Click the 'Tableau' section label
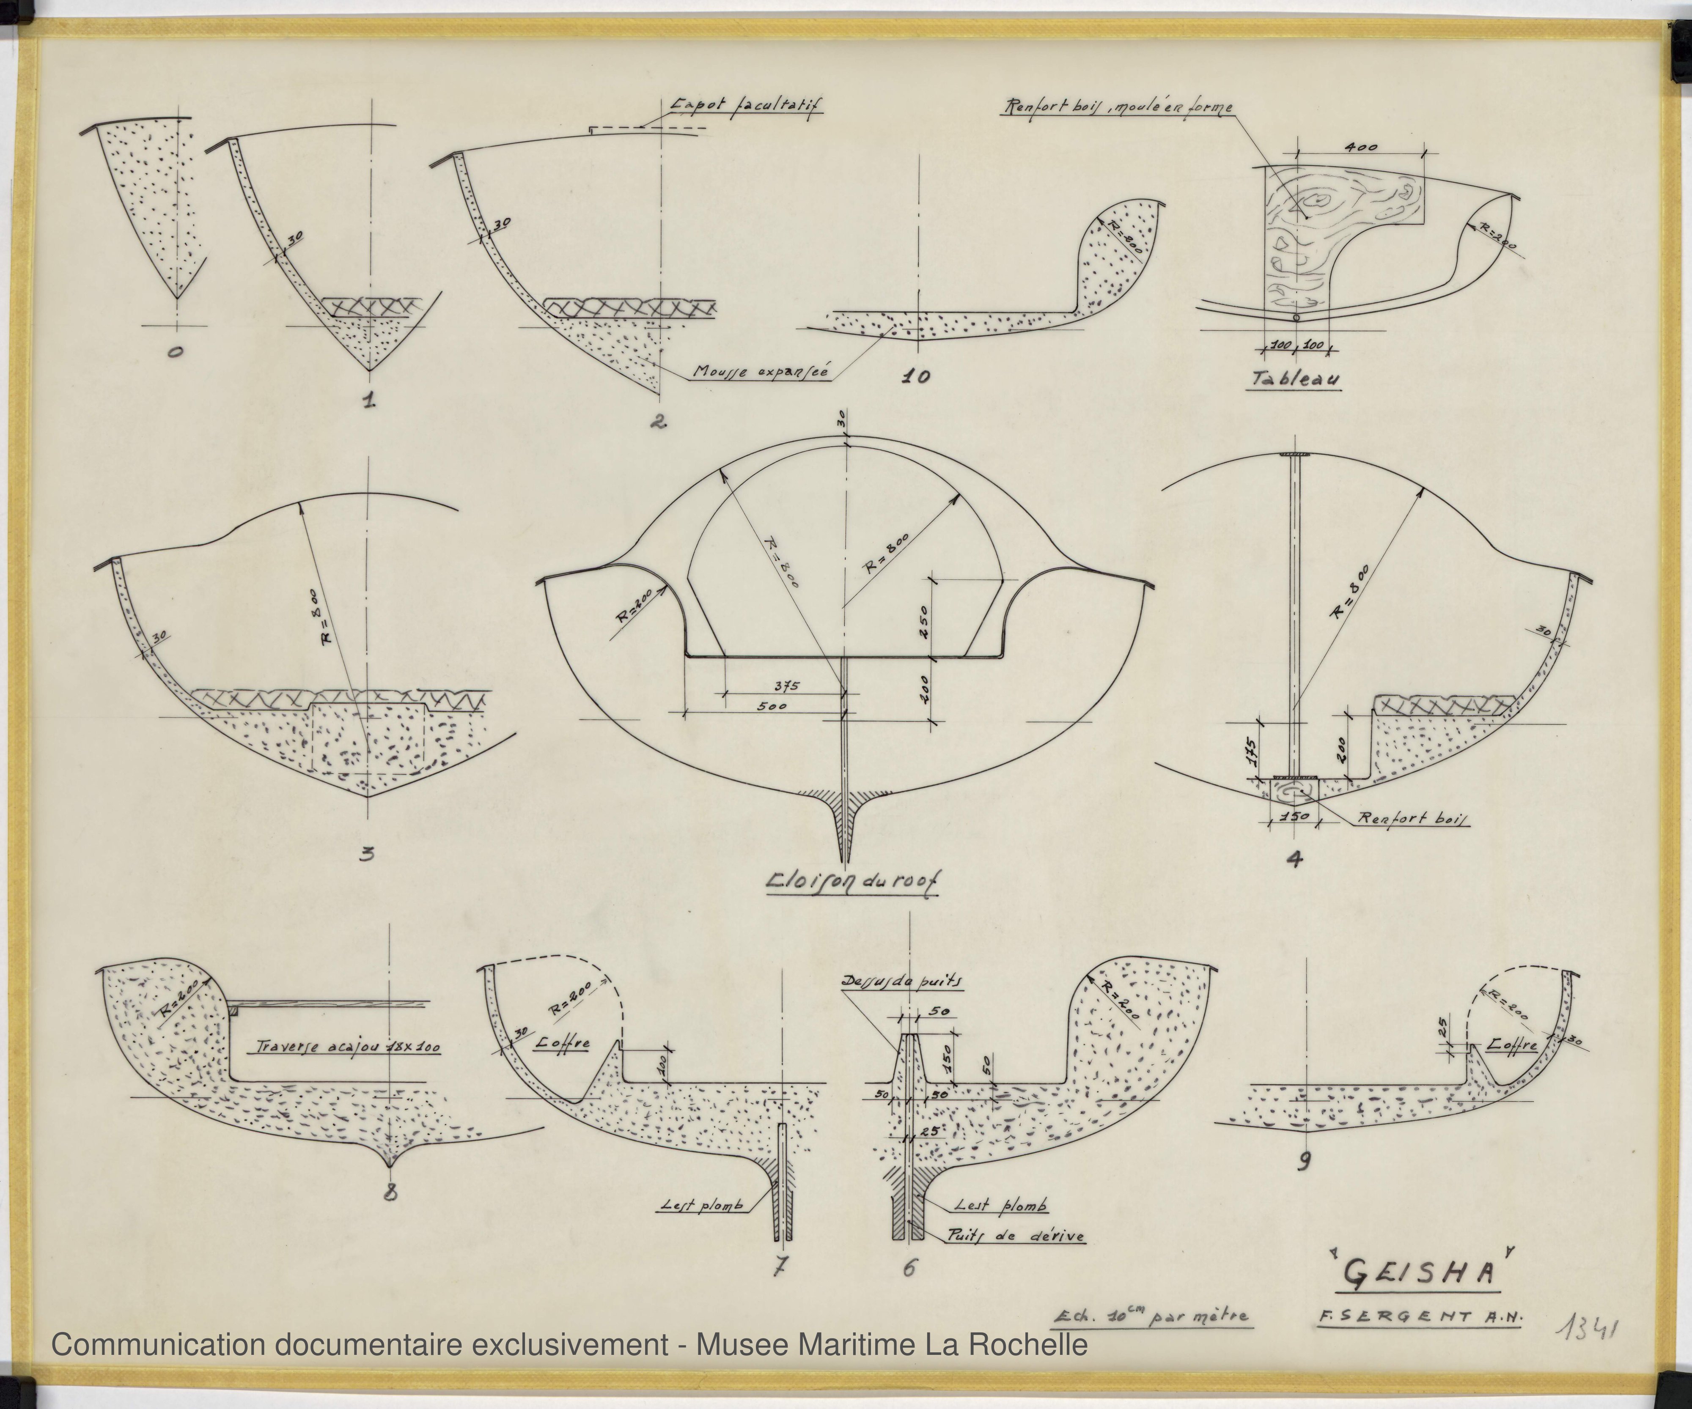tap(1294, 379)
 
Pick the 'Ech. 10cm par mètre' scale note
tap(1152, 1317)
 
